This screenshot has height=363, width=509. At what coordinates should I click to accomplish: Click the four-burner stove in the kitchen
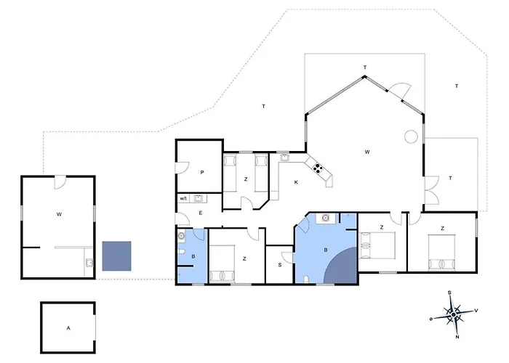(317, 168)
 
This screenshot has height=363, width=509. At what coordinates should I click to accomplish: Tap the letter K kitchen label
(296, 182)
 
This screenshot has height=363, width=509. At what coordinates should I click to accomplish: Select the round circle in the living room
(411, 136)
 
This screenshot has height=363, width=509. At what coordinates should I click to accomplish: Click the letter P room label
(202, 173)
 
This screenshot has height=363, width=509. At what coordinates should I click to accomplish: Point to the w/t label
(183, 199)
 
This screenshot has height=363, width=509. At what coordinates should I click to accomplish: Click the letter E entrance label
(201, 213)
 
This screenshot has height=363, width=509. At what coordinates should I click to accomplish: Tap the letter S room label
(280, 265)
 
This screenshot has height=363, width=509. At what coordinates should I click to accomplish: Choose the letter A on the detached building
(68, 328)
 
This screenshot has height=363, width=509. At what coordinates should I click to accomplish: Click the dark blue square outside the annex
(116, 256)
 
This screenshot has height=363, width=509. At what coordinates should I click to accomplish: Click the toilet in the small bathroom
(181, 252)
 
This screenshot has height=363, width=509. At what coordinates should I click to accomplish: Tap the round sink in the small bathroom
(181, 236)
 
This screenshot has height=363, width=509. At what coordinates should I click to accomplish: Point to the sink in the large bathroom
(326, 218)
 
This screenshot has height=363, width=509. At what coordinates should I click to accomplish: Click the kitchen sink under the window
(284, 158)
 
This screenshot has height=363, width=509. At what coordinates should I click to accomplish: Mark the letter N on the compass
(457, 337)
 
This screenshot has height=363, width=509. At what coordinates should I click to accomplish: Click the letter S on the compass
(449, 293)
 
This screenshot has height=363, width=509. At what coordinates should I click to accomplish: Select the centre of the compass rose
(454, 314)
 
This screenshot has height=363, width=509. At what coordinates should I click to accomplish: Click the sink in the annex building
(89, 262)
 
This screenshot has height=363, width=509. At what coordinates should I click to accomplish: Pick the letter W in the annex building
(59, 214)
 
